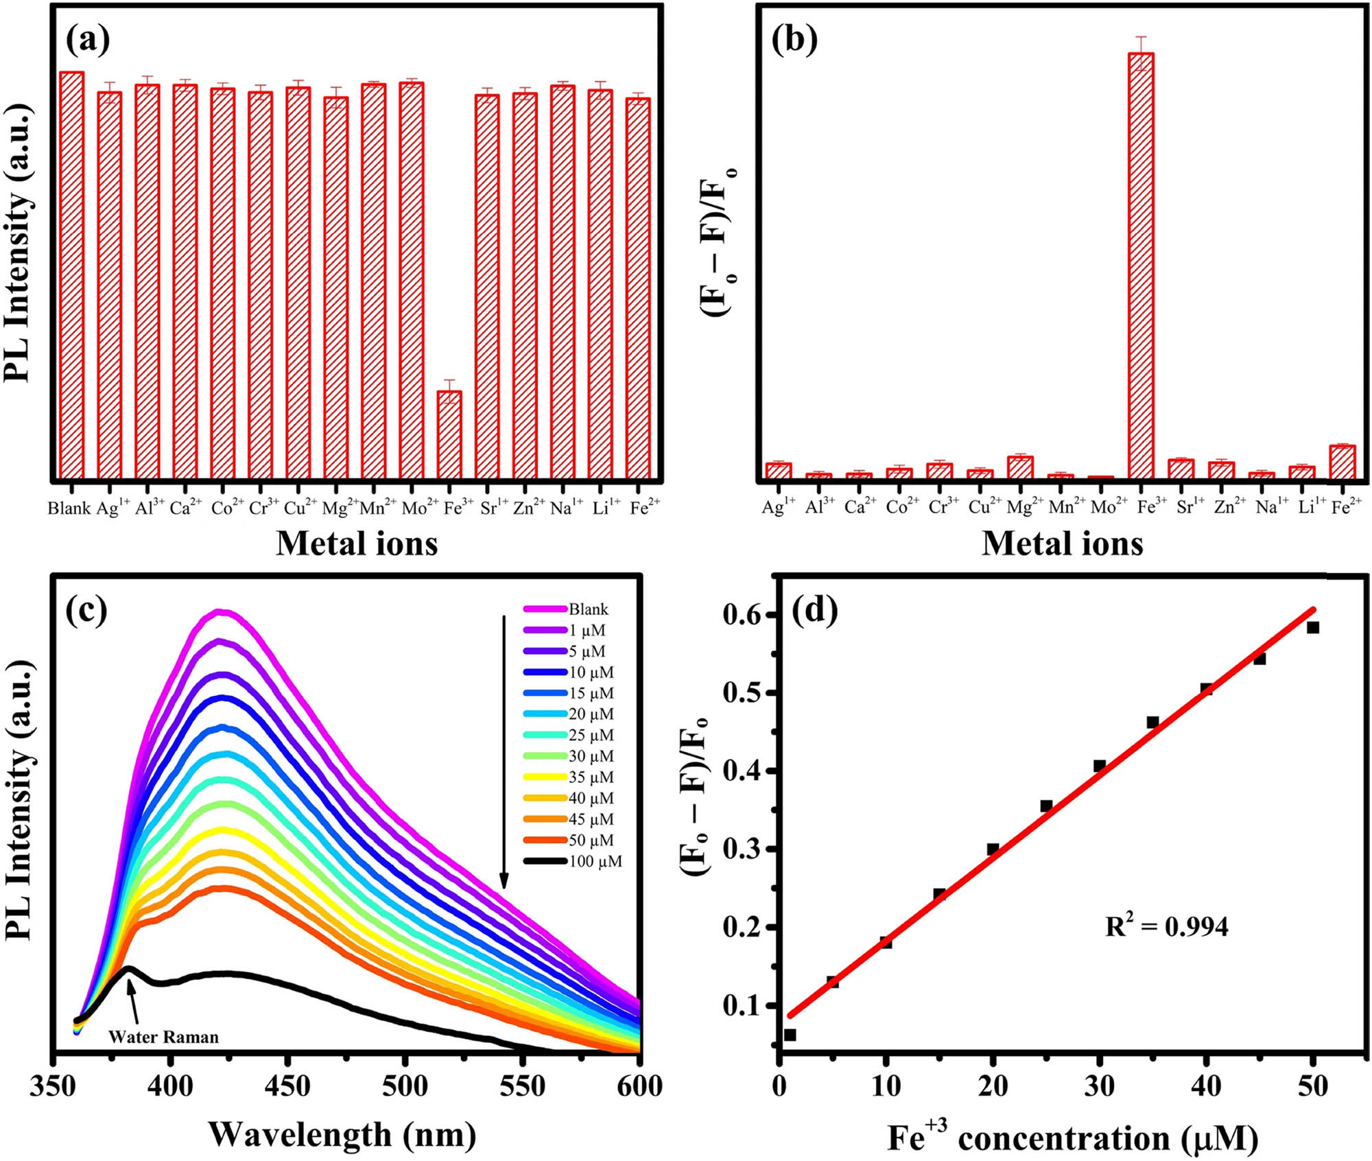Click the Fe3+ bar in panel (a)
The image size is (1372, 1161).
449,434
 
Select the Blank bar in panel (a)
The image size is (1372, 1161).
71,274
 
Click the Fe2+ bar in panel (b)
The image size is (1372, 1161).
1342,462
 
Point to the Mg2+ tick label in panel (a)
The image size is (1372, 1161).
336,508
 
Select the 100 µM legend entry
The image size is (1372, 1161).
595,861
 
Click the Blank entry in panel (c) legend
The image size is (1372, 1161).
588,609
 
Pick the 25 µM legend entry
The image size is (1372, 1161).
591,735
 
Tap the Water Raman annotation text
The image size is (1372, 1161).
163,1037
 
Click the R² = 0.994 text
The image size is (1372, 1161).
1166,926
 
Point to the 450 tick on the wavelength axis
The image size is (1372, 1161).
287,1087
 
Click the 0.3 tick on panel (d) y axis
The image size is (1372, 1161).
744,849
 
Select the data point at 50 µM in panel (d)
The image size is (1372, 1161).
1312,627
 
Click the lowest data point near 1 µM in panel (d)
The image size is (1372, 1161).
790,1035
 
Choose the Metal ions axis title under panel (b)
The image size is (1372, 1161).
1062,543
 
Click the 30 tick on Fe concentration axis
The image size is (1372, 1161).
1099,1087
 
